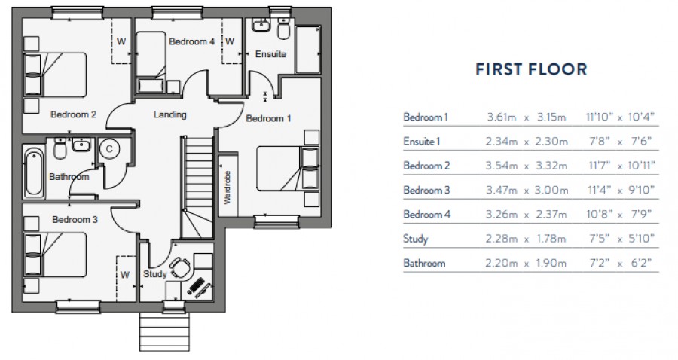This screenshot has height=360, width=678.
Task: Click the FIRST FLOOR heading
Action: coord(530,70)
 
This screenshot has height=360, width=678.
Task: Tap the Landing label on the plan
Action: coord(169,115)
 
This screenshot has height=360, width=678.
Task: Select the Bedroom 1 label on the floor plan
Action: coord(268,119)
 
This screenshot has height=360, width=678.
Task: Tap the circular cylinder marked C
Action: coord(109,149)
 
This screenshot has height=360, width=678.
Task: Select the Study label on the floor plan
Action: coord(154,274)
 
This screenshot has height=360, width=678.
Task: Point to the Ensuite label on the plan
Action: coord(270,55)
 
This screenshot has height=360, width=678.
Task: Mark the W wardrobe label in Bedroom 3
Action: coord(125,275)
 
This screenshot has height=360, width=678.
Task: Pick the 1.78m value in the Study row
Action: coord(550,239)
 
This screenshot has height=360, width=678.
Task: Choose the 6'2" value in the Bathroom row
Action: coord(638,264)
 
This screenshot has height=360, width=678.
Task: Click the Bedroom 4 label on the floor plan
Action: coord(188,41)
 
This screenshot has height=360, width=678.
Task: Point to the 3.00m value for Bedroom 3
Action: coord(550,191)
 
